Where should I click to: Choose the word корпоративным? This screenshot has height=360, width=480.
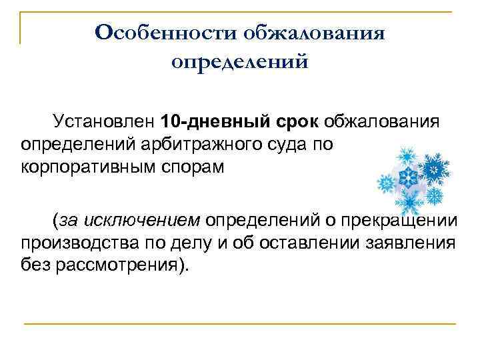tap(92, 165)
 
